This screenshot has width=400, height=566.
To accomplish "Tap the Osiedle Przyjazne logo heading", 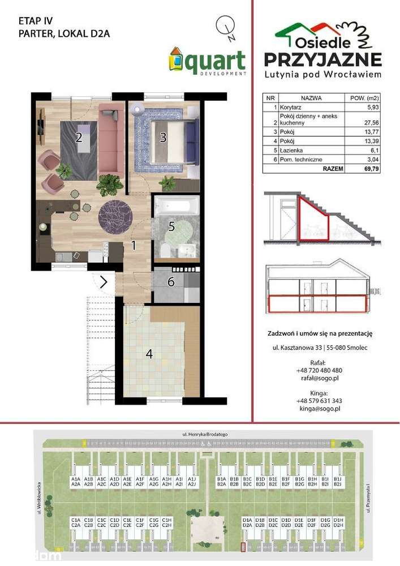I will (x=323, y=51).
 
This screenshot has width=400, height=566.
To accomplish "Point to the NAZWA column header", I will (x=311, y=98).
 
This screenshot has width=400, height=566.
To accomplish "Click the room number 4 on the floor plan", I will (x=149, y=354).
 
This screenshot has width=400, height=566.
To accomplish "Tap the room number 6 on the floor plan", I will (x=170, y=281).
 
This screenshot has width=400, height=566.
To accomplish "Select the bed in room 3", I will (x=175, y=136).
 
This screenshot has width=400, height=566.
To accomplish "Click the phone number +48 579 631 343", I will (x=319, y=400).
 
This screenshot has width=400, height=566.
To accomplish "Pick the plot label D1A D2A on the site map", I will (x=247, y=522).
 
